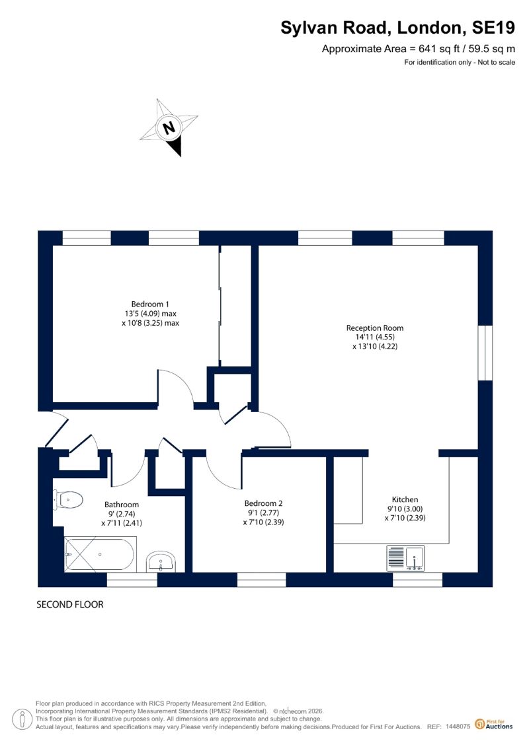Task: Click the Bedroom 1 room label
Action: click(150, 304)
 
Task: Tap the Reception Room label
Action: click(375, 328)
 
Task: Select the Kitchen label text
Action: click(405, 499)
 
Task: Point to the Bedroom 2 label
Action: click(263, 503)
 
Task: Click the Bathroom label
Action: click(122, 505)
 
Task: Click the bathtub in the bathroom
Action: click(101, 555)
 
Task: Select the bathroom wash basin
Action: click(161, 561)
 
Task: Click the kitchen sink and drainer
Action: click(405, 558)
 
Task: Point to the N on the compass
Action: click(169, 127)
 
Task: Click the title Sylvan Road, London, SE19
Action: click(398, 28)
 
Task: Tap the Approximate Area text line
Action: click(419, 49)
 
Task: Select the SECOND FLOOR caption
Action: click(70, 604)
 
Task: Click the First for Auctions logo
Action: click(494, 725)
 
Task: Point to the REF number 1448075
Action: click(458, 727)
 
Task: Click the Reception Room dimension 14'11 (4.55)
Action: click(375, 337)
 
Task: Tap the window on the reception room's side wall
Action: click(485, 353)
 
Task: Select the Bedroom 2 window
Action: click(261, 579)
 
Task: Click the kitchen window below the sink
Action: click(418, 579)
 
